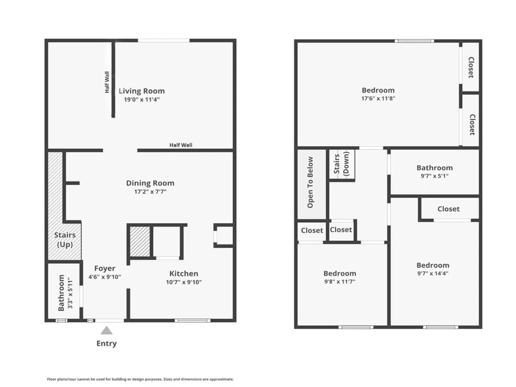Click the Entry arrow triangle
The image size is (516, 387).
106,331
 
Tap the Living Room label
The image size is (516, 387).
142,91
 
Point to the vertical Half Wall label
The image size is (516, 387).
107,82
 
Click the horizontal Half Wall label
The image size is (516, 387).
180,145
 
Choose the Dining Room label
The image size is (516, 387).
150,183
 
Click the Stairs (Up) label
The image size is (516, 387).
64,240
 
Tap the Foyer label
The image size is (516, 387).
105,269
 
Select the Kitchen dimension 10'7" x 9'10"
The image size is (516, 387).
183,282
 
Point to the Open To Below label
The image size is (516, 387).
310,182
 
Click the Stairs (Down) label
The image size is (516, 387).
341,164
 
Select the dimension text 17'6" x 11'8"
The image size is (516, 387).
378,99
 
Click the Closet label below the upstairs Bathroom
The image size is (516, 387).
448,209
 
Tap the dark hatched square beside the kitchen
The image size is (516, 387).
140,242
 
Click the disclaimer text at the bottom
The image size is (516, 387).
140,379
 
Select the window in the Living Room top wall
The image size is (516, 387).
164,41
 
